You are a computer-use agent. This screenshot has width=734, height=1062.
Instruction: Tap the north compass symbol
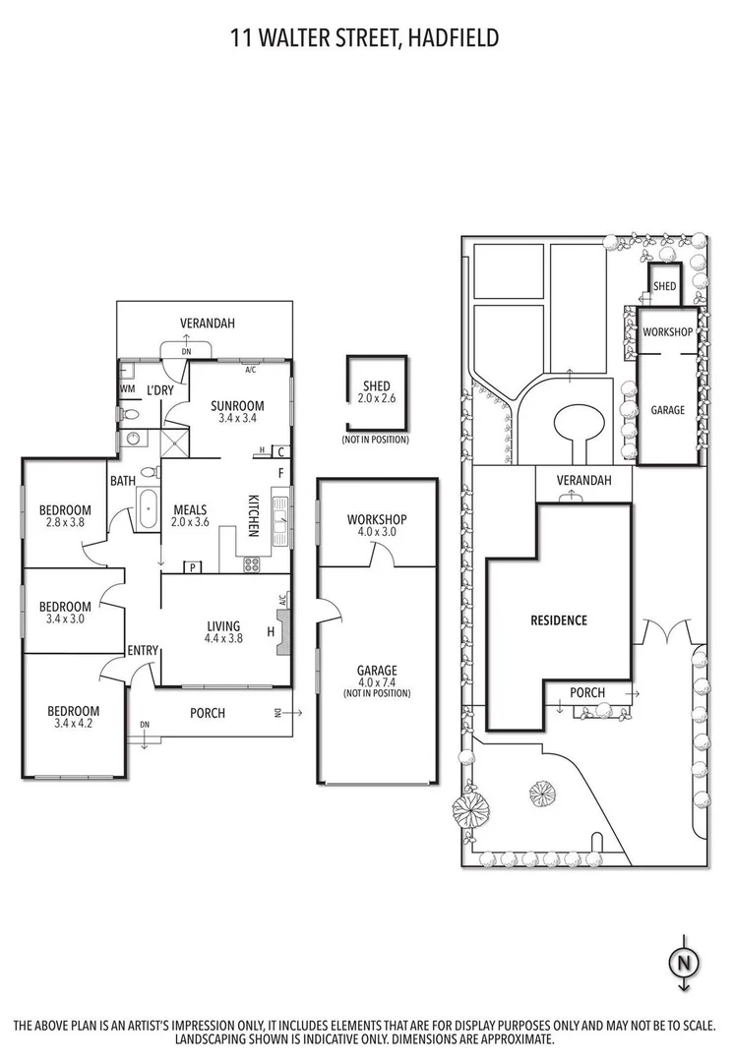click(680, 960)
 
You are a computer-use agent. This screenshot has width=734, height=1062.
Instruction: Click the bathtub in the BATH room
click(148, 512)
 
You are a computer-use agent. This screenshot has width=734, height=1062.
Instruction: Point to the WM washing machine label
click(127, 389)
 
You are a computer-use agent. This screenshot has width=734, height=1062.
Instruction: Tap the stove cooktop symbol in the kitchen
click(250, 564)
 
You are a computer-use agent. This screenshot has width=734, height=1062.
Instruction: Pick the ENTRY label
click(142, 651)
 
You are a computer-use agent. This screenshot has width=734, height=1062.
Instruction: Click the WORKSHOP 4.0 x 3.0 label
click(377, 525)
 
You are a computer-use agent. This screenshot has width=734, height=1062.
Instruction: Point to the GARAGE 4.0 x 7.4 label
click(377, 677)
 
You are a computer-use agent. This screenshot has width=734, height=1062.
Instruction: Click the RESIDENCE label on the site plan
click(558, 620)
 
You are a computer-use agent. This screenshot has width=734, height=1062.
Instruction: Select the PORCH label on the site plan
click(588, 693)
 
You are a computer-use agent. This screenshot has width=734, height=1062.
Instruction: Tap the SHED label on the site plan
click(665, 286)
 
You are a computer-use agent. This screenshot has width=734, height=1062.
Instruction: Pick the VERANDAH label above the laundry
click(207, 323)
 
